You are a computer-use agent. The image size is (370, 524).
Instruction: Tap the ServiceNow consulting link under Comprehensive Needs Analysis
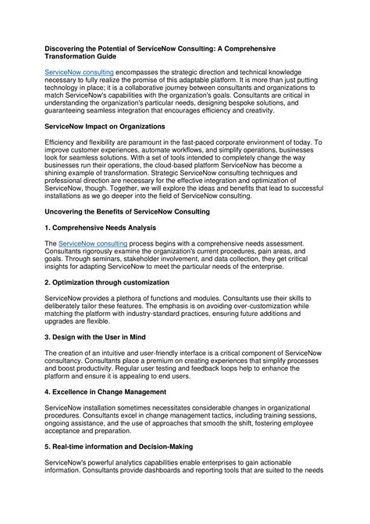pyautogui.click(x=93, y=244)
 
